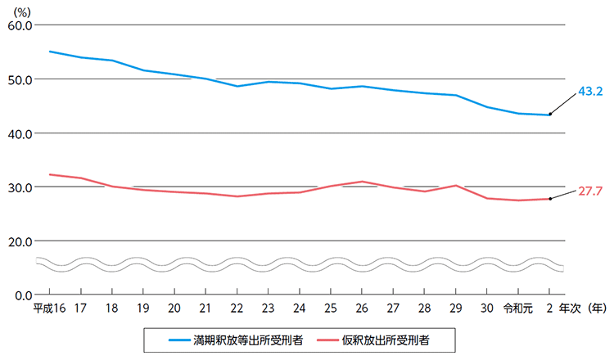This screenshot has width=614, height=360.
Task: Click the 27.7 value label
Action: pos(589,191)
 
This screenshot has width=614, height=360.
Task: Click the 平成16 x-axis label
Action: pos(48,308)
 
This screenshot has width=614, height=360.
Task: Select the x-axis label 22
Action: pos(237,308)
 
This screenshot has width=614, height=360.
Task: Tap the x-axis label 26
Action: pos(362,308)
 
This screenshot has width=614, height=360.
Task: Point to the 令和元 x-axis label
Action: pos(517,308)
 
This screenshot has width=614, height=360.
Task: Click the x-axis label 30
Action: pos(486,308)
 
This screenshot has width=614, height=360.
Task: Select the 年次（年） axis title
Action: pos(584,308)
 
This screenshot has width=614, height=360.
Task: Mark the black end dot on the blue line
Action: pos(549,115)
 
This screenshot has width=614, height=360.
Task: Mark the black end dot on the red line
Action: pos(549,199)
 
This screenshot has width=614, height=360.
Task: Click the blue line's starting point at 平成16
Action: pos(49,52)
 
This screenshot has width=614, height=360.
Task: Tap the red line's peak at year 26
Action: pos(362,182)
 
